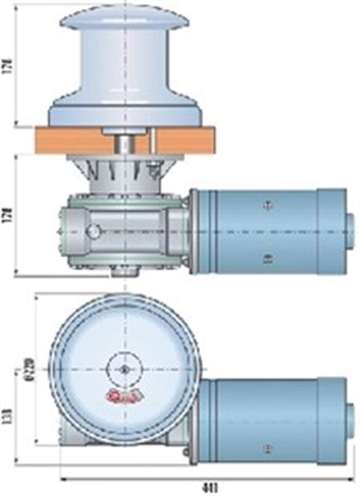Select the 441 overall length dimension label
click(210, 487)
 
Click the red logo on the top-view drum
click(123, 397)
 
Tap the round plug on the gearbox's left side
click(94, 232)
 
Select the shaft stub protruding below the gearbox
click(121, 281)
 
